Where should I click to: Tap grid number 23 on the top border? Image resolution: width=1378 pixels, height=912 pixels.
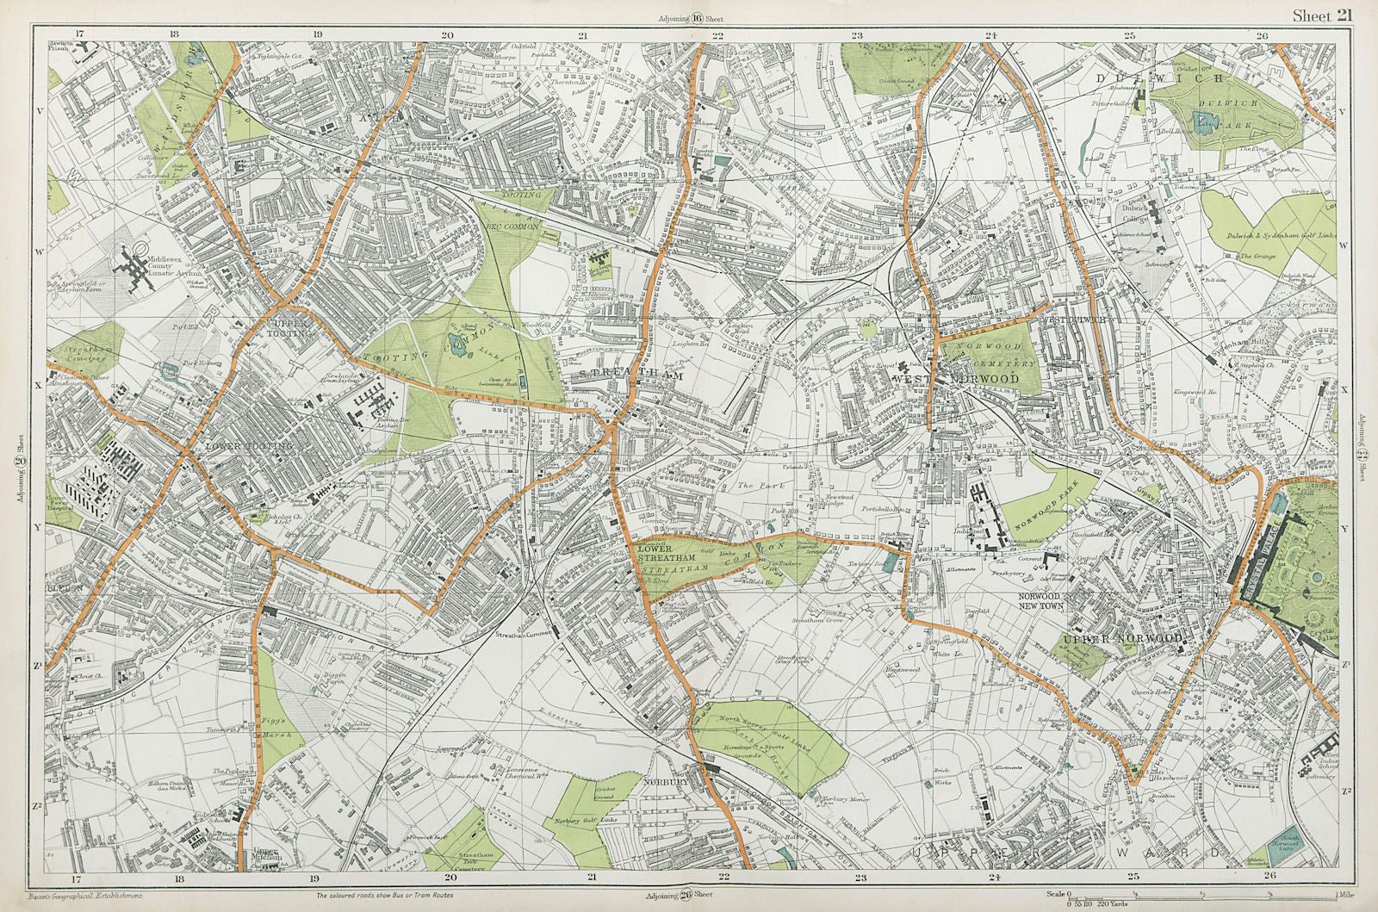coord(856,35)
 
